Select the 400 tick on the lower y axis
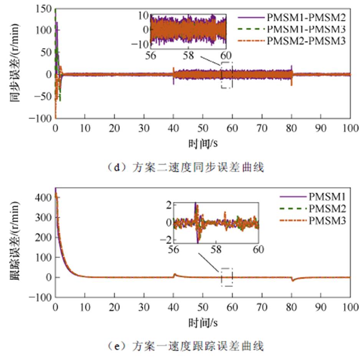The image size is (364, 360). click(43, 198)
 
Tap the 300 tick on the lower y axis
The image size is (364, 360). click(43, 217)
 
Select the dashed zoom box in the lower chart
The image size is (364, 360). click(227, 277)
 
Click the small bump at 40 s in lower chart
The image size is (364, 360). click(175, 274)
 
